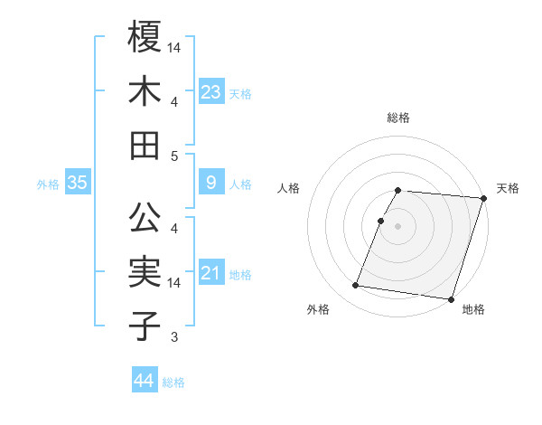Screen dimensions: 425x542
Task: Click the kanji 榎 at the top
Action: click(x=145, y=39)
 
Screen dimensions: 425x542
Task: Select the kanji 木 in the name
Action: click(x=145, y=91)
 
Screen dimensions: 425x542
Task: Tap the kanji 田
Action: click(x=145, y=145)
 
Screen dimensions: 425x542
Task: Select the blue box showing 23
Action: click(x=211, y=91)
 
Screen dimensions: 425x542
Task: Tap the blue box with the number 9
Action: click(x=211, y=183)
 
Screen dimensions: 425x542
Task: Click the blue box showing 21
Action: click(x=211, y=273)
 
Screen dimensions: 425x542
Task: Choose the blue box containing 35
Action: click(x=78, y=183)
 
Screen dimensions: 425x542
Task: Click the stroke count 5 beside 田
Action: click(x=175, y=156)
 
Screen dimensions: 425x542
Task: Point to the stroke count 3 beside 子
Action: click(x=175, y=338)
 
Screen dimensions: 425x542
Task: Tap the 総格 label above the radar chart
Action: click(x=398, y=118)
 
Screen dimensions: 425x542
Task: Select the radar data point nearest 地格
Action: click(x=450, y=299)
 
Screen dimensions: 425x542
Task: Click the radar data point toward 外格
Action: click(x=355, y=286)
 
